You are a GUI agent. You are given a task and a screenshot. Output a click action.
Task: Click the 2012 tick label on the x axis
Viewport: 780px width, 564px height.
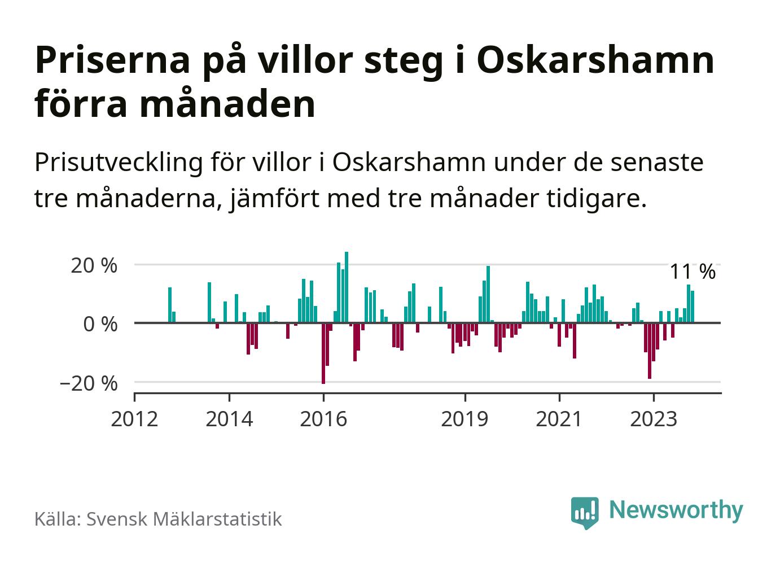pyautogui.click(x=134, y=419)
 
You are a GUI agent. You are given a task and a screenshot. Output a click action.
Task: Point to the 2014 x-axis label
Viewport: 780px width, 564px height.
pyautogui.click(x=229, y=419)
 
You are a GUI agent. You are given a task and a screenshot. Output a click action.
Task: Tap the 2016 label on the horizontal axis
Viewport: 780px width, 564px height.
pyautogui.click(x=323, y=419)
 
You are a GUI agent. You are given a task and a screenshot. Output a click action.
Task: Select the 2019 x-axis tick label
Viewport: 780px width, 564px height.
pyautogui.click(x=465, y=419)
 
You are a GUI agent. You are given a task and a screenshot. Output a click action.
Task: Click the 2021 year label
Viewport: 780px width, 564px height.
pyautogui.click(x=559, y=419)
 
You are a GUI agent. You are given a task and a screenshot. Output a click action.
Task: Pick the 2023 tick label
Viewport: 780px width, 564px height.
pyautogui.click(x=653, y=419)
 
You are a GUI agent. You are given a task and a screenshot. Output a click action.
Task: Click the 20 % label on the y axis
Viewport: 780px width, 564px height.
pyautogui.click(x=94, y=265)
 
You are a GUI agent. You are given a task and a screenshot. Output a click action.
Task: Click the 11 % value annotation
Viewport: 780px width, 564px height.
pyautogui.click(x=692, y=272)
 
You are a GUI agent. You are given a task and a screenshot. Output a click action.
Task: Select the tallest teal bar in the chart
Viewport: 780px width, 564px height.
pyautogui.click(x=347, y=287)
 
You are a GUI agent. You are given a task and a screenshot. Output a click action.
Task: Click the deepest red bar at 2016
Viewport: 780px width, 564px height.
pyautogui.click(x=323, y=353)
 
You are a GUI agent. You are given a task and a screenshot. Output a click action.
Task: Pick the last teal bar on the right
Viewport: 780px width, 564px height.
pyautogui.click(x=693, y=307)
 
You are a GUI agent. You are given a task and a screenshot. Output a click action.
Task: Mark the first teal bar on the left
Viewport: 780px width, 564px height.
pyautogui.click(x=170, y=305)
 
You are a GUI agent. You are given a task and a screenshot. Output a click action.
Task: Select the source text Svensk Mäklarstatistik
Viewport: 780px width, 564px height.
pyautogui.click(x=183, y=519)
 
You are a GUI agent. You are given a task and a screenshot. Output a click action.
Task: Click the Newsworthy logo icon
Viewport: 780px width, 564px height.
pyautogui.click(x=584, y=512)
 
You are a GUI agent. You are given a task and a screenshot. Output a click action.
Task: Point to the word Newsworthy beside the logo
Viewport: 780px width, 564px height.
pyautogui.click(x=676, y=510)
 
